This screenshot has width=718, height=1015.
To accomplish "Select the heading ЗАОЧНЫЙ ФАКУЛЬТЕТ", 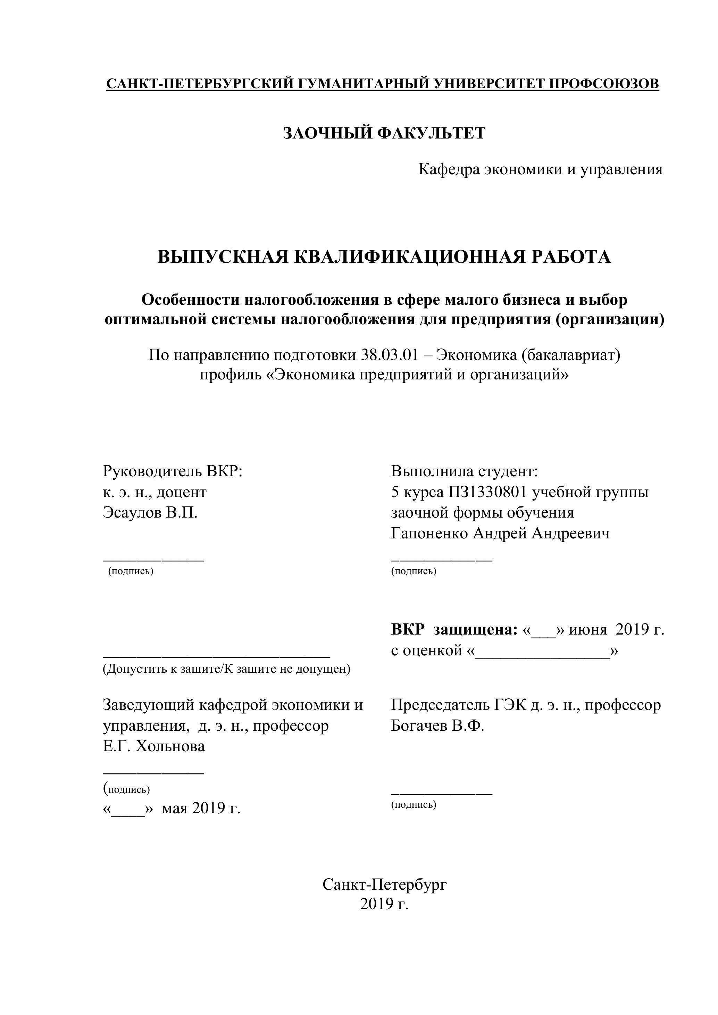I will coord(384,133).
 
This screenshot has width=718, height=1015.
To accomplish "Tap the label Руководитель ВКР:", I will coord(173,471).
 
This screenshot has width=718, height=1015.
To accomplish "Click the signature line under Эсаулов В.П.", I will coord(153,561).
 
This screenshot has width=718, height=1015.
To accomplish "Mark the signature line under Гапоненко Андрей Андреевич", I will coord(441,561).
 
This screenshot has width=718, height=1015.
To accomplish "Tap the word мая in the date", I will coord(175,808).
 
